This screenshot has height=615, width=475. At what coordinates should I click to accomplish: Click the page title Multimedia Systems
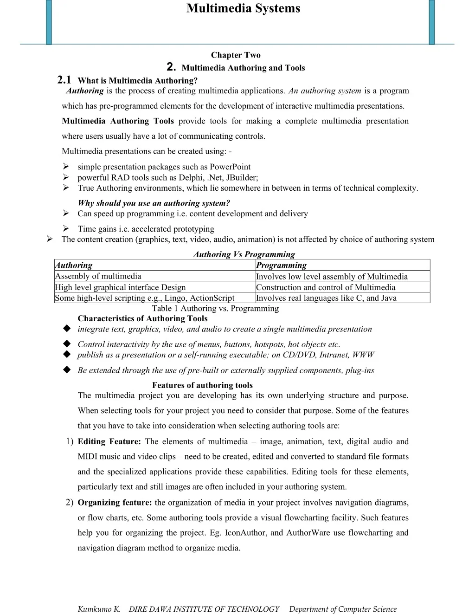pyautogui.click(x=243, y=8)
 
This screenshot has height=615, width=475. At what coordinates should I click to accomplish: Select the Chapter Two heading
pyautogui.click(x=236, y=55)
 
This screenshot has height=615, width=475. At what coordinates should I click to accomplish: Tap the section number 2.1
pyautogui.click(x=64, y=80)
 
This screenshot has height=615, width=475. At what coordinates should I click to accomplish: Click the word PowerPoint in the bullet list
pyautogui.click(x=230, y=167)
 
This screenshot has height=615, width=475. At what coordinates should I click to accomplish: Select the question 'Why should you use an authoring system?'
pyautogui.click(x=154, y=203)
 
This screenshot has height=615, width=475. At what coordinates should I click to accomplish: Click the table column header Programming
pyautogui.click(x=281, y=265)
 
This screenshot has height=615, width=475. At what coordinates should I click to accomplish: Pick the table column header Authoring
pyautogui.click(x=74, y=265)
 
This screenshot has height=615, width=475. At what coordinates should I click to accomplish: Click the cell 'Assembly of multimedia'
pyautogui.click(x=98, y=276)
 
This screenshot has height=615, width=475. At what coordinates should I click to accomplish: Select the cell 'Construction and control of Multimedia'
pyautogui.click(x=326, y=287)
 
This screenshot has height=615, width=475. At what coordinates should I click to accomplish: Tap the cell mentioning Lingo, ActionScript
pyautogui.click(x=144, y=298)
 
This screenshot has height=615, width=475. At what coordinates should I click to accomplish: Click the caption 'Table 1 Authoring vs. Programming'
pyautogui.click(x=215, y=308)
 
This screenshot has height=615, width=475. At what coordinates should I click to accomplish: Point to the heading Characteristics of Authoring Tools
pyautogui.click(x=142, y=318)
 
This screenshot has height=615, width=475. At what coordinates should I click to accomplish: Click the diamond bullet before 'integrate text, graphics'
pyautogui.click(x=67, y=329)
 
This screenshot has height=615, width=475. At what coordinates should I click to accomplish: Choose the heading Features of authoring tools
pyautogui.click(x=202, y=385)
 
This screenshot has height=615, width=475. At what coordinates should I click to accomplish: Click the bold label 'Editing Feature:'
pyautogui.click(x=109, y=441)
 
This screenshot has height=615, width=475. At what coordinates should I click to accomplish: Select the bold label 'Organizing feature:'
pyautogui.click(x=115, y=502)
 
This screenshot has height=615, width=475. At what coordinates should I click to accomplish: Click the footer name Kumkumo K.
pyautogui.click(x=99, y=609)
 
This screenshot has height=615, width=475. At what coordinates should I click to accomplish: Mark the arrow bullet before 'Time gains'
pyautogui.click(x=66, y=228)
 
